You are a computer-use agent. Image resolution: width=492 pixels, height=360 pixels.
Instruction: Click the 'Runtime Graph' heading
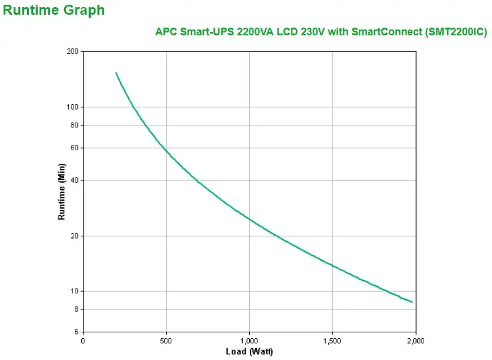pyautogui.click(x=54, y=10)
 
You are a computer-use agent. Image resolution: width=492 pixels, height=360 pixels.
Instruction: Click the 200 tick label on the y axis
pyautogui.click(x=72, y=51)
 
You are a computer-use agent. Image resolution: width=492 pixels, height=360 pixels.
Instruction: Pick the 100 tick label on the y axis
pyautogui.click(x=72, y=107)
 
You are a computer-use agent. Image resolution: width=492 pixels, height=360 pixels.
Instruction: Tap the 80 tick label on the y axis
pyautogui.click(x=74, y=125)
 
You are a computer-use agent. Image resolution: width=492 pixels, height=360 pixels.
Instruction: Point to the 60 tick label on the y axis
pyautogui.click(x=74, y=148)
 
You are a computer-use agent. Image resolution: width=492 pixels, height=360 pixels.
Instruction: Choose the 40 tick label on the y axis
pyautogui.click(x=74, y=180)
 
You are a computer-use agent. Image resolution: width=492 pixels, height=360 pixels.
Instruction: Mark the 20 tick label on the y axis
pyautogui.click(x=74, y=236)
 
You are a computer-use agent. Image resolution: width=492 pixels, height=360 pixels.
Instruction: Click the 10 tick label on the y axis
pyautogui.click(x=74, y=291)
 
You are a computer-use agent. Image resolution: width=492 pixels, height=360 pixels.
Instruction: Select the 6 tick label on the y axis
pyautogui.click(x=76, y=332)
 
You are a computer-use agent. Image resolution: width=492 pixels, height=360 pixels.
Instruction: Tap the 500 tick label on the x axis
pyautogui.click(x=166, y=341)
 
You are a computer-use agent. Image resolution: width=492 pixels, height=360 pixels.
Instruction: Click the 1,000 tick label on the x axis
pyautogui.click(x=249, y=341)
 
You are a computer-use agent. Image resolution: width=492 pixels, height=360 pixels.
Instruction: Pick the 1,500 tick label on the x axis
pyautogui.click(x=332, y=341)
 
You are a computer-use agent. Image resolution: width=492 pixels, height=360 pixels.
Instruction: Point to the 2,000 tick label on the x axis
pyautogui.click(x=415, y=341)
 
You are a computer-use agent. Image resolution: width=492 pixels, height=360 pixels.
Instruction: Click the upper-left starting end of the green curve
pyautogui.click(x=116, y=73)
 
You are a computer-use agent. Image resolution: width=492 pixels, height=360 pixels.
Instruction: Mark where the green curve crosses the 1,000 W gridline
pyautogui.click(x=249, y=219)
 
